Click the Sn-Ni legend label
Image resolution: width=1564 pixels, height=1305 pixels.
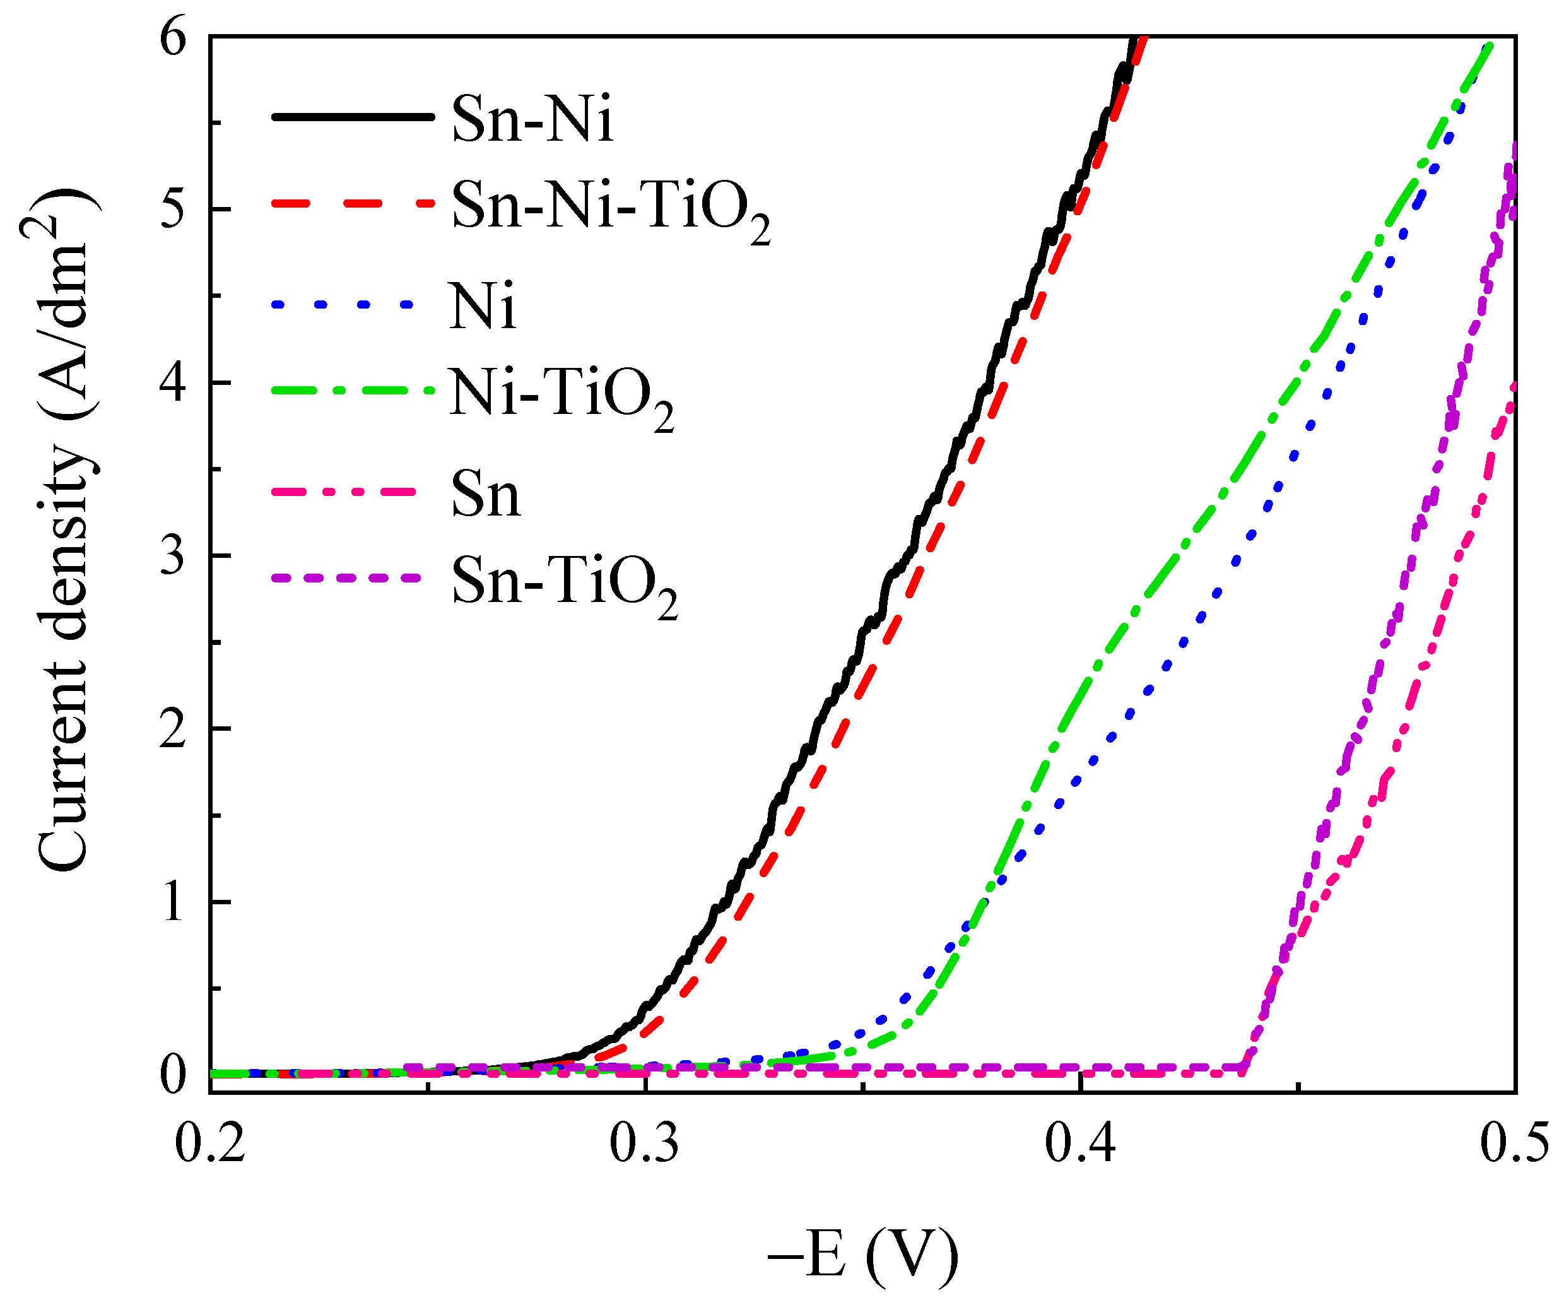click(532, 119)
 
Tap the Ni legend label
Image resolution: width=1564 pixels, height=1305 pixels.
click(483, 306)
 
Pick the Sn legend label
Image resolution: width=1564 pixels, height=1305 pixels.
click(486, 495)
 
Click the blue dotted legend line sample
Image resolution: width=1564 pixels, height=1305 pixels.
click(343, 305)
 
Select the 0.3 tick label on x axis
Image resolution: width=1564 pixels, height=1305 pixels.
click(644, 1143)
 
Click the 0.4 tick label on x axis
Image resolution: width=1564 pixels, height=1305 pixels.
click(1080, 1143)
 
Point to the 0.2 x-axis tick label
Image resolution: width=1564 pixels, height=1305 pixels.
click(210, 1143)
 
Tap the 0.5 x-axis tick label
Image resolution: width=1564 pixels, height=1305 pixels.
click(1514, 1143)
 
